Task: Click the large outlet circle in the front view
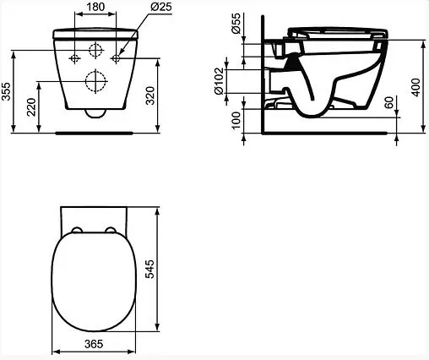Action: click(95, 81)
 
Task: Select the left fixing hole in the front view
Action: click(76, 57)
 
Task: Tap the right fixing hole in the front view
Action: click(117, 57)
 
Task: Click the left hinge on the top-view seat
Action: click(76, 231)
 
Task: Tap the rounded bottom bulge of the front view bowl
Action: click(95, 110)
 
